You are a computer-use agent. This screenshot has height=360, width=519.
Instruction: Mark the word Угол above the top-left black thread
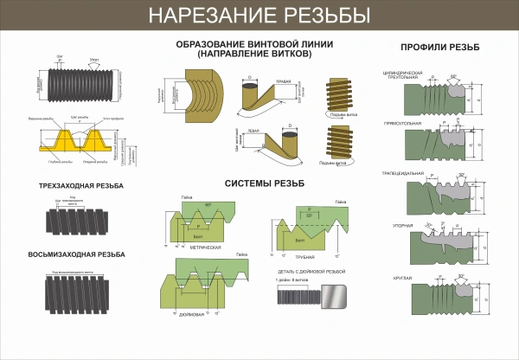(x=93, y=61)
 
